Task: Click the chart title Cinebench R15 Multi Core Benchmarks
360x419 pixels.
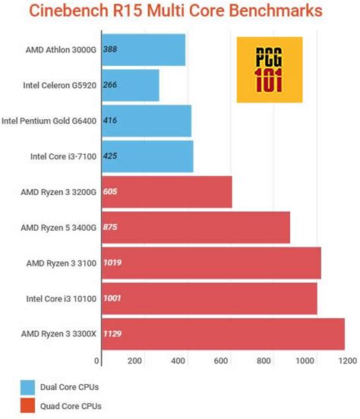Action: (x=179, y=11)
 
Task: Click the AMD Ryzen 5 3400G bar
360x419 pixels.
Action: (x=194, y=227)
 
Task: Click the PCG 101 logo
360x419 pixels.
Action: (x=270, y=69)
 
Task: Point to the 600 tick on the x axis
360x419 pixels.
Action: (x=222, y=361)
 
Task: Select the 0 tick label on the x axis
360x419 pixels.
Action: (x=97, y=361)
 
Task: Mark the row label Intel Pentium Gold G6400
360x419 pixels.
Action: (x=49, y=121)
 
